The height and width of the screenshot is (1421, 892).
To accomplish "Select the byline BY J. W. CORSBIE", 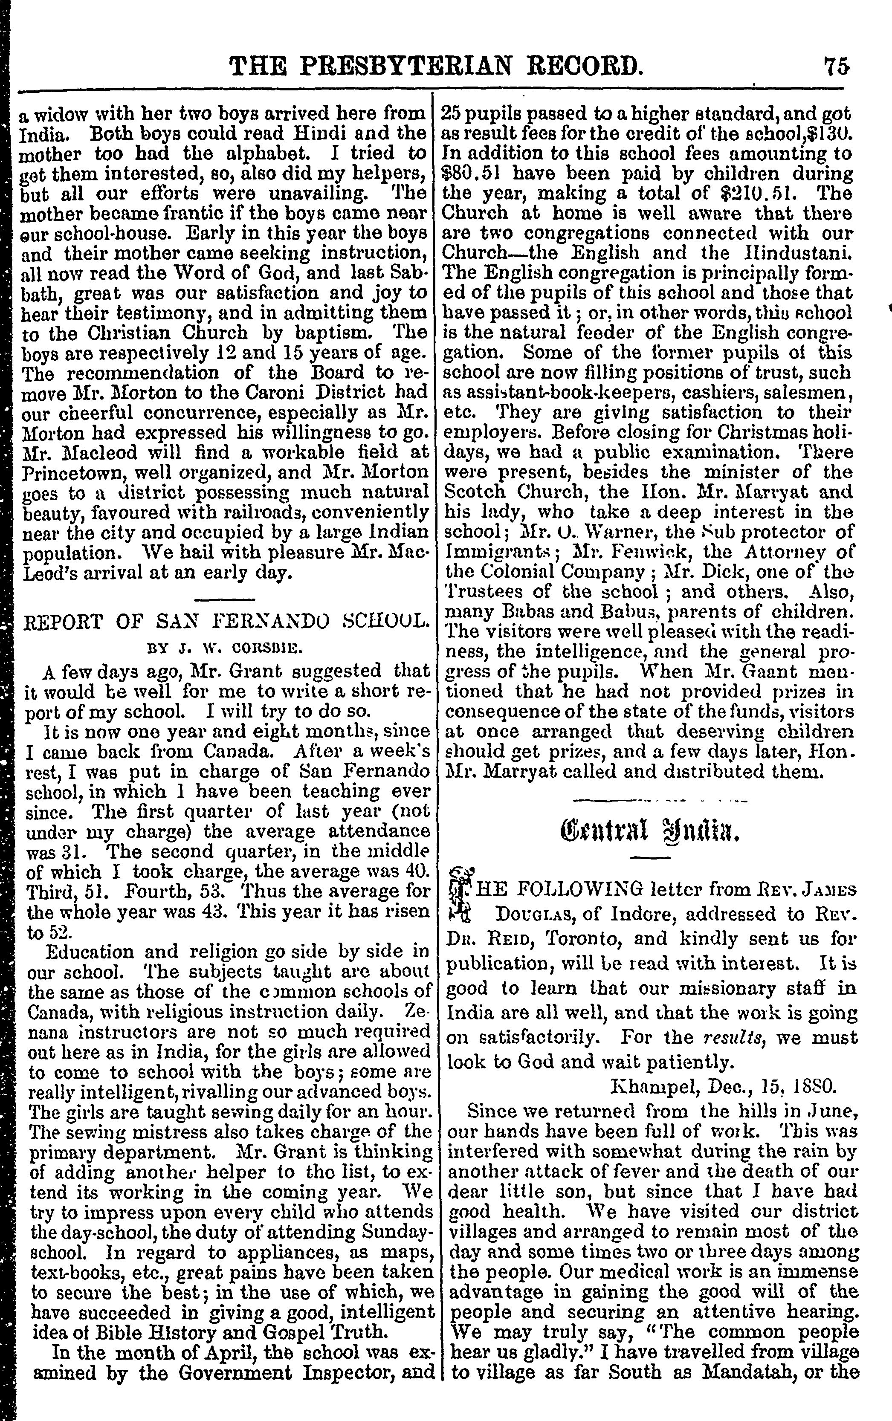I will (x=225, y=648).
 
